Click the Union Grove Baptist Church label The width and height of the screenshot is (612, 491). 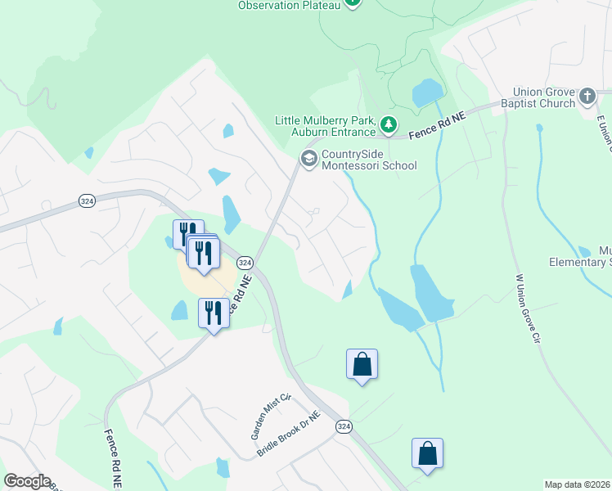point(544,97)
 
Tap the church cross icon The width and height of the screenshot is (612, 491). point(587,97)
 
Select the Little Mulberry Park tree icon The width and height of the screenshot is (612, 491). point(389,126)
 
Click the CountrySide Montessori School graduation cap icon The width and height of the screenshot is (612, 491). point(309,158)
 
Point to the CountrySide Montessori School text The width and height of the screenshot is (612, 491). point(369,160)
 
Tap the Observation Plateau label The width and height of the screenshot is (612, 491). point(290,5)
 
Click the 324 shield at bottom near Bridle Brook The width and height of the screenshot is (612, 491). point(344,427)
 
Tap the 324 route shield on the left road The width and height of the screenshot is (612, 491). point(88,200)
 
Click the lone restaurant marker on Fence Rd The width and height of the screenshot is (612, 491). point(213,313)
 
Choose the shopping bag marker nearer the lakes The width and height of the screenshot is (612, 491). point(362,364)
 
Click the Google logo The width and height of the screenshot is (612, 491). point(27,481)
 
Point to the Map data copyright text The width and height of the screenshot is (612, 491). point(578,484)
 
